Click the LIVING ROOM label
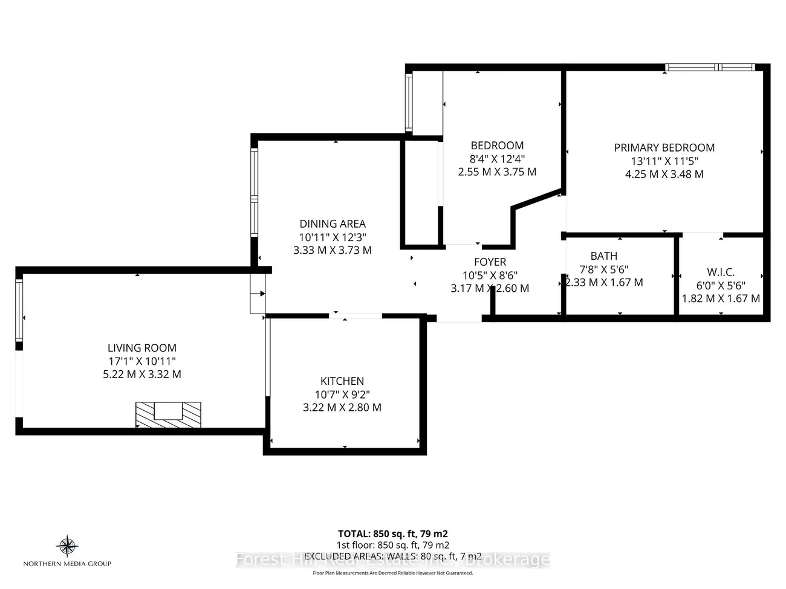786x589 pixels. [x=142, y=348]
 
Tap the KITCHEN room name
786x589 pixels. [x=342, y=381]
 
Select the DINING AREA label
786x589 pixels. [x=333, y=224]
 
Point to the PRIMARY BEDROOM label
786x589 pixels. [x=664, y=148]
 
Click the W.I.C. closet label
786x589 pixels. [x=721, y=272]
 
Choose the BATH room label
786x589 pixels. [x=603, y=256]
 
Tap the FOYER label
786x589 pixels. [x=490, y=262]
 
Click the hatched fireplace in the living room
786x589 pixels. [x=168, y=414]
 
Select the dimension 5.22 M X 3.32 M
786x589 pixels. [x=142, y=375]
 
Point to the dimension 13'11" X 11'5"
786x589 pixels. [x=664, y=161]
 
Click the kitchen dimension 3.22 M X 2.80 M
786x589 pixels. [x=342, y=408]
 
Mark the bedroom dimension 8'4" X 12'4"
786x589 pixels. [x=497, y=159]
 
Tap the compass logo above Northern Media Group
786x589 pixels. [x=67, y=546]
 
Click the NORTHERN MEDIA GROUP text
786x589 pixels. [x=67, y=564]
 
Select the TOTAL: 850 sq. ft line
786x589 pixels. [x=393, y=534]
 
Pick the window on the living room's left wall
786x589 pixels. [x=19, y=311]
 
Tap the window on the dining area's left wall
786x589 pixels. [x=255, y=193]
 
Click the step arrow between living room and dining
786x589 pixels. [x=258, y=294]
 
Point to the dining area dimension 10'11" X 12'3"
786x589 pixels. [x=333, y=237]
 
